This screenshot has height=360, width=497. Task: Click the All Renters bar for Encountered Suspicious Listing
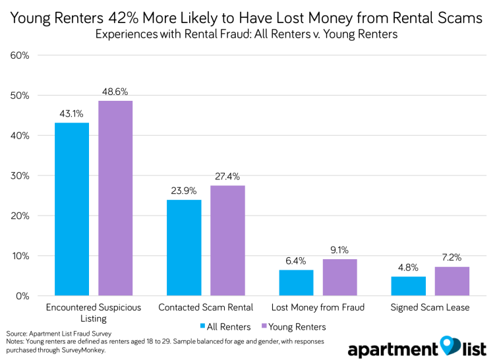click(72, 209)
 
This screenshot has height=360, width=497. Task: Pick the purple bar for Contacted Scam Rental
click(227, 240)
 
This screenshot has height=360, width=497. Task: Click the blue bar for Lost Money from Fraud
click(297, 282)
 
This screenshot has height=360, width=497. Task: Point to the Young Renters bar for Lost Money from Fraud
click(340, 277)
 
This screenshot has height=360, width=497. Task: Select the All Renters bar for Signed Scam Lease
click(409, 285)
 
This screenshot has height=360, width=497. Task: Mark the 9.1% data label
click(340, 250)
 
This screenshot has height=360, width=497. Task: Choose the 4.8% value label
click(409, 267)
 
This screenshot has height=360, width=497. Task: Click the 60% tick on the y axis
click(20, 55)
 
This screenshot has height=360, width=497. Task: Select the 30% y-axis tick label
click(20, 175)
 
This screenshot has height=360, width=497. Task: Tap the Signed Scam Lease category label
click(430, 308)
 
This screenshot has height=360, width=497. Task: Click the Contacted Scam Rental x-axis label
click(206, 308)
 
